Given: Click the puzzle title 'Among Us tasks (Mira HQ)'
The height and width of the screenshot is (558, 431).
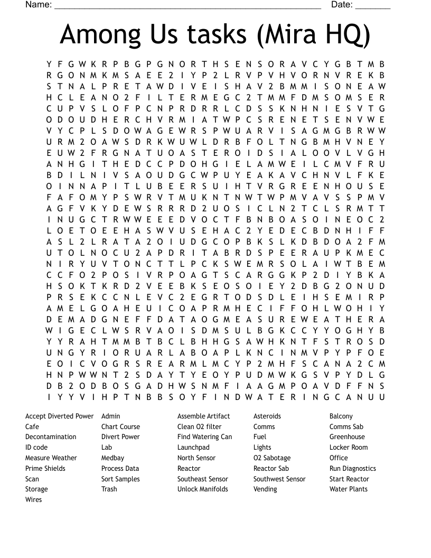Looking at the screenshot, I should point(215,35).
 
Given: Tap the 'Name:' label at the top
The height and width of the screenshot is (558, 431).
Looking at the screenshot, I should point(39,5).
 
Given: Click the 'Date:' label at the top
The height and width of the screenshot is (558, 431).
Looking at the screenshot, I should point(342,5).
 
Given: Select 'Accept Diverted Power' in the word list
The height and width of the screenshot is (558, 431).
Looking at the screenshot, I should point(59,416).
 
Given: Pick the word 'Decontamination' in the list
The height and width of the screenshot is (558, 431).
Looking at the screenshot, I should point(51,437).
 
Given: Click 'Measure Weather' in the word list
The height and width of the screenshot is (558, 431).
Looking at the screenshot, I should point(51,458).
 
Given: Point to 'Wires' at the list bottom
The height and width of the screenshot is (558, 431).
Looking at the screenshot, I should point(33,499).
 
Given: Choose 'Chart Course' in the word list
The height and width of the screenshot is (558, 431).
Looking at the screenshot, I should point(120,426).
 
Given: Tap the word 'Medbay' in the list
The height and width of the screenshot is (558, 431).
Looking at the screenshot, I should point(113,458).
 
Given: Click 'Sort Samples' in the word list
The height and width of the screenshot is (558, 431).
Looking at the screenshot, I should point(120,479).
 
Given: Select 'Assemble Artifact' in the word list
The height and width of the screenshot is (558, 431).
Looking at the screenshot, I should point(203,416).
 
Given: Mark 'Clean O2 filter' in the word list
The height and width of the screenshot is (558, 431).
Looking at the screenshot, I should point(199,426).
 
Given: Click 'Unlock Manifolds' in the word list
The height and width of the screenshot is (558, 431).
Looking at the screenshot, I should point(202,489).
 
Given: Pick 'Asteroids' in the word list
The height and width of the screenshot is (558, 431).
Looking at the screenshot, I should point(267,416).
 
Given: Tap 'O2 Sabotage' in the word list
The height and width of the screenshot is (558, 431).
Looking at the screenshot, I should point(271,458).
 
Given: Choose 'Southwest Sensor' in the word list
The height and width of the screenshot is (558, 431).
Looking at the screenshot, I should point(279,479).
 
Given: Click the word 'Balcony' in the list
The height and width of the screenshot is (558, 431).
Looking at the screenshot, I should point(341,416).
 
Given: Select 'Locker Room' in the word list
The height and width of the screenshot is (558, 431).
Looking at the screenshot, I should point(349,448).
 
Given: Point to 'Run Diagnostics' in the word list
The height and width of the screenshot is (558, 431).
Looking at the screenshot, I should point(352,468).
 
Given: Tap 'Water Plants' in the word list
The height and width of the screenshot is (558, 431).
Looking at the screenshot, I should point(348,489).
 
